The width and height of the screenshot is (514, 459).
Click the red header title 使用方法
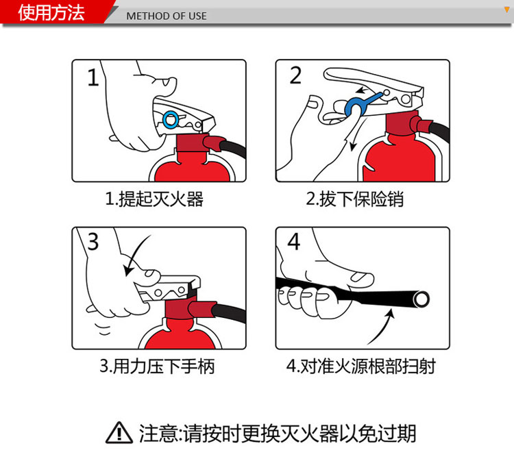tap(51, 12)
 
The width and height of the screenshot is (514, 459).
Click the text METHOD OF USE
tap(167, 16)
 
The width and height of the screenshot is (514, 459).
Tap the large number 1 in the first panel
tap(93, 77)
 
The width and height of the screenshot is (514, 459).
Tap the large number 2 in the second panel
tap(295, 75)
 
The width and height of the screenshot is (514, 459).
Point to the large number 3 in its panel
tap(93, 242)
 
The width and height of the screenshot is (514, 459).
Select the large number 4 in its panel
tap(294, 242)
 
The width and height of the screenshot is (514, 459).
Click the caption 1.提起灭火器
tap(154, 199)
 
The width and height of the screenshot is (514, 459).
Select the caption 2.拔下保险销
tap(355, 199)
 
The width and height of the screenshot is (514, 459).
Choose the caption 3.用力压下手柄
tap(157, 367)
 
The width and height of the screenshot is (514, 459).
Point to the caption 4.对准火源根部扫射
tap(361, 367)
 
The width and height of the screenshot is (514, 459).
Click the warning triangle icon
tap(119, 433)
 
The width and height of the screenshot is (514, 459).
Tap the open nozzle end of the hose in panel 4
tap(421, 299)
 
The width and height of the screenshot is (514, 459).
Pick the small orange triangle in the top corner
tap(507, 10)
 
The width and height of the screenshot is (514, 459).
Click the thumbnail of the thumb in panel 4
tap(360, 277)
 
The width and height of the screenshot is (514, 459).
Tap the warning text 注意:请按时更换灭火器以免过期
tap(278, 434)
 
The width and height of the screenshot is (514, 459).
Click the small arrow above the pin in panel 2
tap(363, 90)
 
